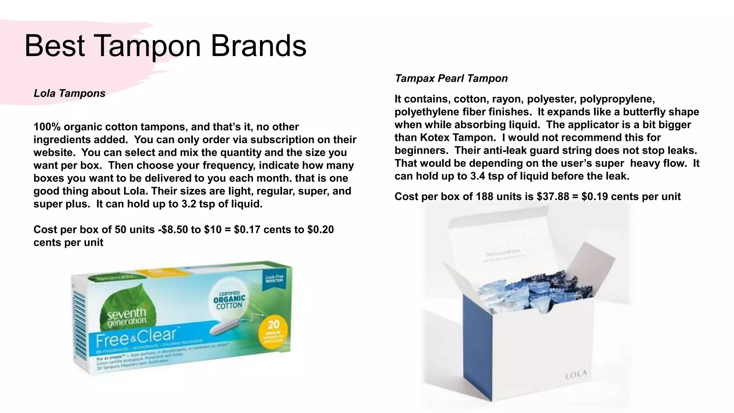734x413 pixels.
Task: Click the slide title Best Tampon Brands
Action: click(165, 46)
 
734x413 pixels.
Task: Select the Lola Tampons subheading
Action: click(70, 93)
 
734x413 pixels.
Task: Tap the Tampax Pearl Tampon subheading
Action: click(451, 78)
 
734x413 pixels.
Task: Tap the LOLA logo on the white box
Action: click(576, 375)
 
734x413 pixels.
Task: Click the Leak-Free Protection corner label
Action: click(274, 279)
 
